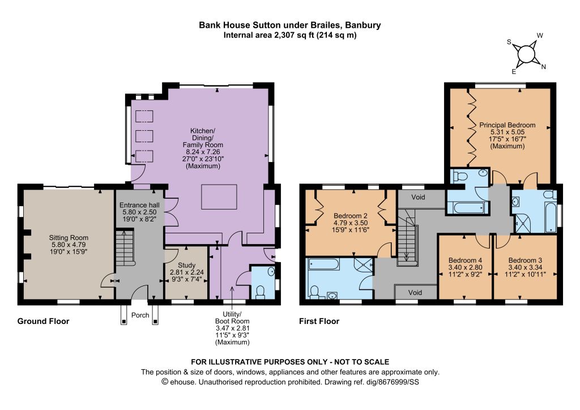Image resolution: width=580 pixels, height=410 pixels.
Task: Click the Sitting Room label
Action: point(69,245)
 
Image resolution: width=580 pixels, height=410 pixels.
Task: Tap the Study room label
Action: point(187,272)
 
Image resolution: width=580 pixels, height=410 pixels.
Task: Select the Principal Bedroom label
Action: point(507,135)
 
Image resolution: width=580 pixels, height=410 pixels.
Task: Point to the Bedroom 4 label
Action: point(465,267)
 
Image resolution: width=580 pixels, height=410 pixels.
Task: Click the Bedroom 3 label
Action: point(525,267)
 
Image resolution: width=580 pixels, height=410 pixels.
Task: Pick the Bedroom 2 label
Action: point(350,223)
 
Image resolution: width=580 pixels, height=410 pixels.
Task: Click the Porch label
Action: point(140,315)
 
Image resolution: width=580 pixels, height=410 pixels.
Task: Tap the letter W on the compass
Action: point(540,36)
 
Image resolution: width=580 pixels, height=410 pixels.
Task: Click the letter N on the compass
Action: point(543,67)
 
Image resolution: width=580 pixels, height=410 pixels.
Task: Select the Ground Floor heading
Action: point(43,321)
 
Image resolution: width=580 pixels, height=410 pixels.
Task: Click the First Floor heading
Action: point(319,321)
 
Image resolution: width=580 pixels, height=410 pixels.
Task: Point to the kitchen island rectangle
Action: point(219,197)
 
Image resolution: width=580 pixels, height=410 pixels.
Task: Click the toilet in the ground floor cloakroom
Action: point(261,292)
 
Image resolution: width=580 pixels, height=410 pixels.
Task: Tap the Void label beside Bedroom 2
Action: point(419,197)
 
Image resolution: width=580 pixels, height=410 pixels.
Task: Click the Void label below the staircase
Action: point(415,292)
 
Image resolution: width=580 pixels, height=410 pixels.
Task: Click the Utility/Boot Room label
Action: point(232,328)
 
